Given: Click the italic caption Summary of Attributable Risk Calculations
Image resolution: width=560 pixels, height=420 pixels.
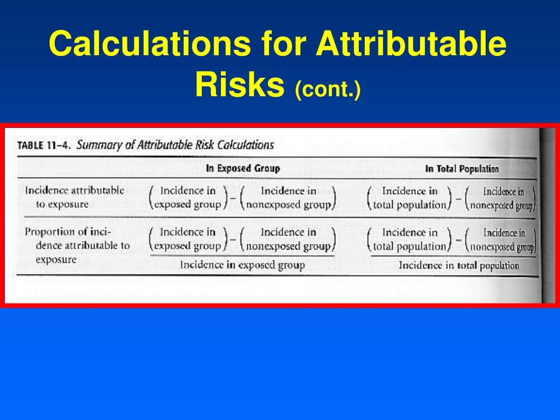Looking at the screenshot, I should coord(175,145).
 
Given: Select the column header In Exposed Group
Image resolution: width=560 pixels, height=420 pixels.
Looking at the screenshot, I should coord(242,168).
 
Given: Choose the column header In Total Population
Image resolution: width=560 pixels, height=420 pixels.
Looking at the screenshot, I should coord(462,169).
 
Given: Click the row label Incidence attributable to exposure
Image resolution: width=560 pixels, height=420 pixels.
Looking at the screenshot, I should coord(74,197).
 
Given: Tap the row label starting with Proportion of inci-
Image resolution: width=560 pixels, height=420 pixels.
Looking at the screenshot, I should coord(77,246).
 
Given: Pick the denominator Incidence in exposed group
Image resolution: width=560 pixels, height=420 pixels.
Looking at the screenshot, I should coord(242,265).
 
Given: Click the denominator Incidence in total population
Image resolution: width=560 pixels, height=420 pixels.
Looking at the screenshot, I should coord(459,266).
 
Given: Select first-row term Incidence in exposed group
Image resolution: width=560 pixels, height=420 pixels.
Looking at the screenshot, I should coord(188,198).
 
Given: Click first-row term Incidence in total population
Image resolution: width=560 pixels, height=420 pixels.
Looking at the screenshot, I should coord(410,198).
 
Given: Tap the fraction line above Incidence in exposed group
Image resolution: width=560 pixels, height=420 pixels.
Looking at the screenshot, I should coord(242,256).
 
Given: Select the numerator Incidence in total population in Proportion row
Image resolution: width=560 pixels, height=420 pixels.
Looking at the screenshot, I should coord(410,240).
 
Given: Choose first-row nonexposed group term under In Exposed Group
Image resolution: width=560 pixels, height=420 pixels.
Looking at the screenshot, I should coord(288,198).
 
